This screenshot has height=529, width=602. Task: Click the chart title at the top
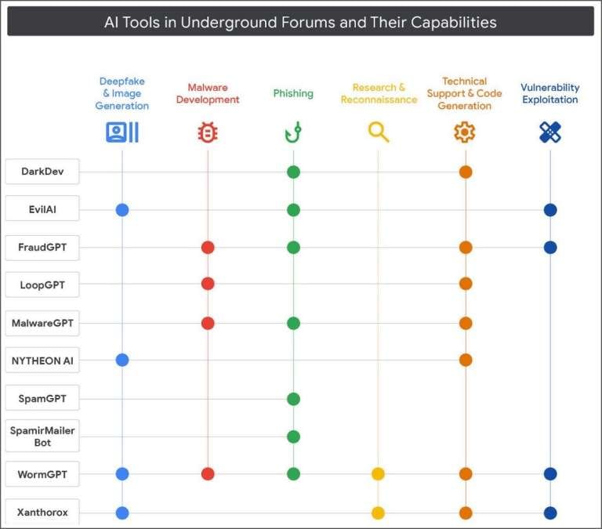(300, 22)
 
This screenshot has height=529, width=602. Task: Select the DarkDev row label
(42, 172)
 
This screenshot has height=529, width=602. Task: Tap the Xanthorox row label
(42, 513)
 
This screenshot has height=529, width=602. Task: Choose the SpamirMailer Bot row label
(42, 436)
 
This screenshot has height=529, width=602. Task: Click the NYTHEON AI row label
(42, 361)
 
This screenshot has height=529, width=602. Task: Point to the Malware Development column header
(208, 94)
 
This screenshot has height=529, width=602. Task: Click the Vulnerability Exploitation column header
(549, 94)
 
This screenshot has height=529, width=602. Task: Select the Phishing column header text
(293, 93)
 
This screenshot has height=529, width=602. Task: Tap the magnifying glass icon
(379, 132)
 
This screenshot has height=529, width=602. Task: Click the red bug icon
(208, 132)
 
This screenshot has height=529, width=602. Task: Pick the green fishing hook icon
(293, 132)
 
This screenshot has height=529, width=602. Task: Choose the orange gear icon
(465, 132)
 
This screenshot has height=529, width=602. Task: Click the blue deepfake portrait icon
(121, 132)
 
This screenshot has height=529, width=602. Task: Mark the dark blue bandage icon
(550, 132)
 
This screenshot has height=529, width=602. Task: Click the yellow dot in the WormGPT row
(379, 473)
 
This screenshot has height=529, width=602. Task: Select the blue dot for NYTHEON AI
(121, 360)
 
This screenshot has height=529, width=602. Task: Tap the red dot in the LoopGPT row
(208, 284)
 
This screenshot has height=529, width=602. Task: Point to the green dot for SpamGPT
(293, 399)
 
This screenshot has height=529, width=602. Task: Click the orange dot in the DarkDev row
(466, 172)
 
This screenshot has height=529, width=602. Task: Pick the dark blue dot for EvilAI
(550, 210)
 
